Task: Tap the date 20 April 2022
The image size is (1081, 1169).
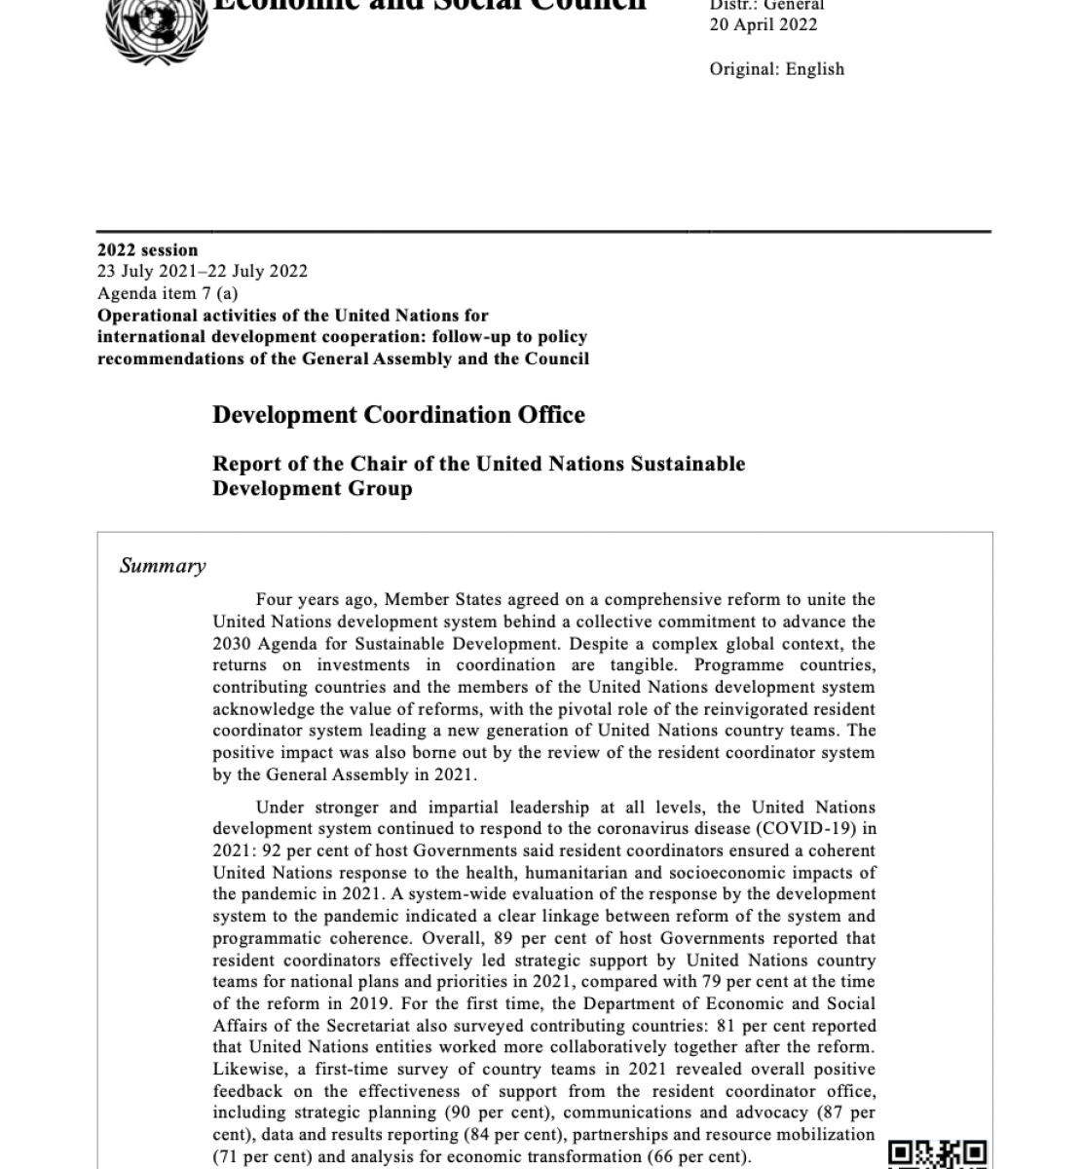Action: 764,25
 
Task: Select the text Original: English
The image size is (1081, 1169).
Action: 776,69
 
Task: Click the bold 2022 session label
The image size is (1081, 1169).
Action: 147,249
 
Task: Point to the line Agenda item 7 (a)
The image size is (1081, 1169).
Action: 167,293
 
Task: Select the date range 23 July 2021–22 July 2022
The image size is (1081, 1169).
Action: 202,271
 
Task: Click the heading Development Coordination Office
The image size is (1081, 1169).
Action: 398,415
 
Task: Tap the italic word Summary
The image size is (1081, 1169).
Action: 163,566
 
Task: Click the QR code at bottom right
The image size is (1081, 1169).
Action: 938,1153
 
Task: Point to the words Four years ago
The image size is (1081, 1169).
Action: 314,600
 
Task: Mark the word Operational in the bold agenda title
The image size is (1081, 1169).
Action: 143,316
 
